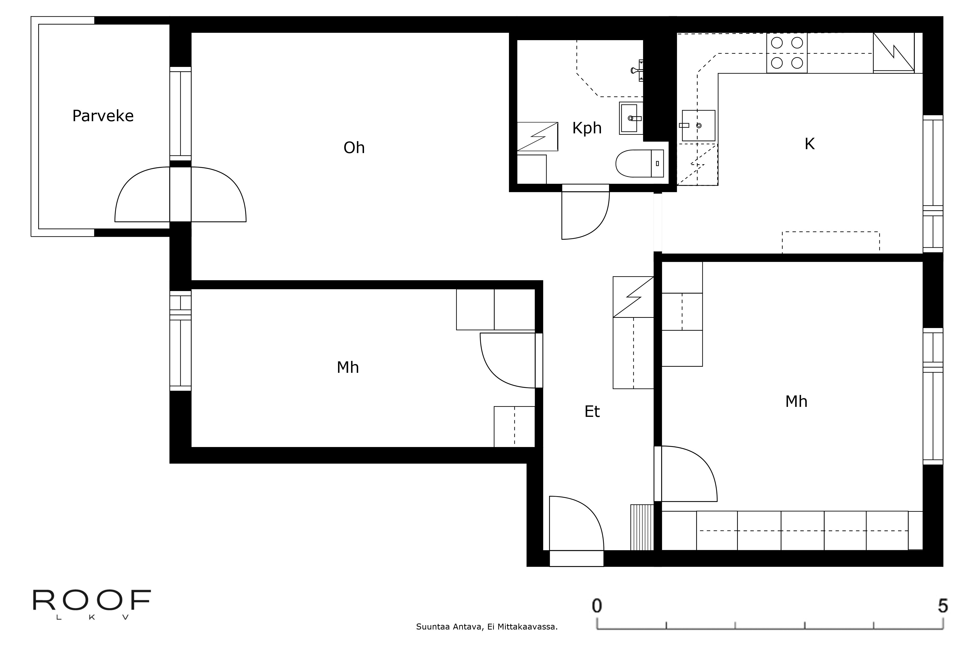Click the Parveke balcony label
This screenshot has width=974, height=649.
coord(103,116)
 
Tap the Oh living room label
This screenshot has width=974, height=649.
coord(354,148)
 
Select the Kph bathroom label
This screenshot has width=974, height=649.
coord(587,128)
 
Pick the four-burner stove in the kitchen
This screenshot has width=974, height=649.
coord(787,53)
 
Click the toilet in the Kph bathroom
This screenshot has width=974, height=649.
coord(640,164)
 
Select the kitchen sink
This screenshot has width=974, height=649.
coord(699,125)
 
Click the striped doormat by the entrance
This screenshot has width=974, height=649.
coord(642,527)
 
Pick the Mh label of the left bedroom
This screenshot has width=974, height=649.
coord(348,367)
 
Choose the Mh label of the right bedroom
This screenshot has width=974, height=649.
coord(796,402)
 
